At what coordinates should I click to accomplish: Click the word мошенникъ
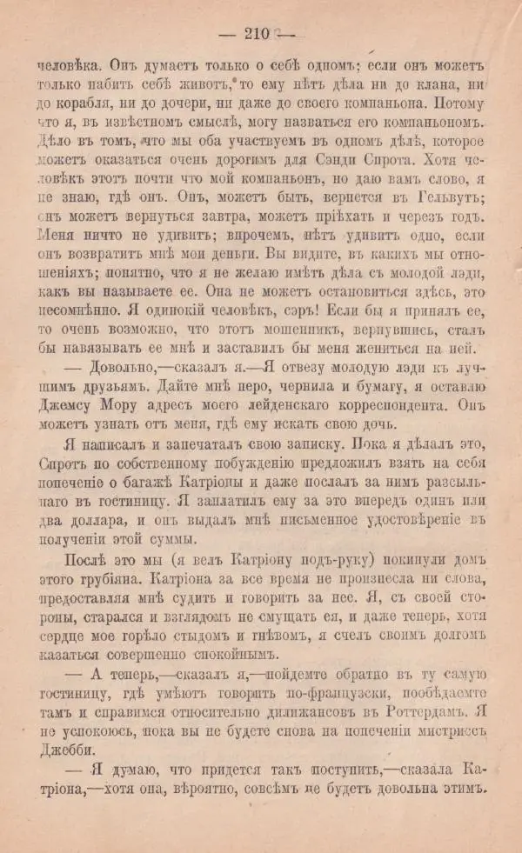point(330,330)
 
